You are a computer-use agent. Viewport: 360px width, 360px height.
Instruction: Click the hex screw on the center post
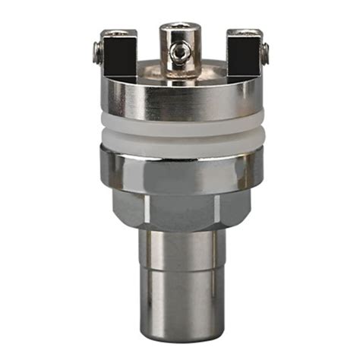179,52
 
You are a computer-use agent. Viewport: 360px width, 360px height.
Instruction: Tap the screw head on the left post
98,52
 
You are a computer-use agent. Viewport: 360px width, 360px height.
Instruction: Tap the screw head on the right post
264,52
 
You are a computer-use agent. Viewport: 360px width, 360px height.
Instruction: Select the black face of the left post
118,55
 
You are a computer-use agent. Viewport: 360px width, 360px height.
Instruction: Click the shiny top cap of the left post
119,33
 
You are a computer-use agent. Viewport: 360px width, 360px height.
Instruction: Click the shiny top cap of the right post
245,33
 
